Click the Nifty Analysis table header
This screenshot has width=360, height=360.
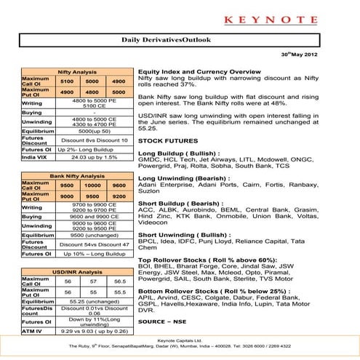(x=77, y=73)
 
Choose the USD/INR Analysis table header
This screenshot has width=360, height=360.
(x=77, y=272)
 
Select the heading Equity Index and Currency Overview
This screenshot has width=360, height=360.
(x=199, y=73)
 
